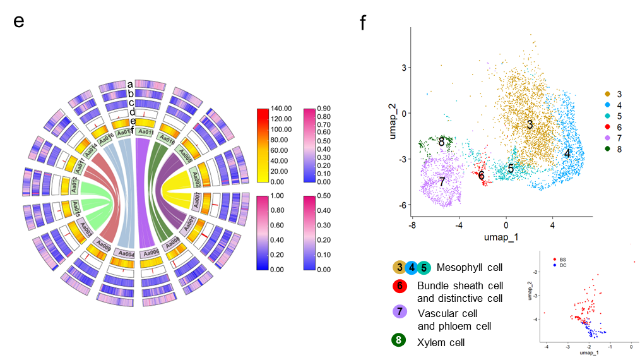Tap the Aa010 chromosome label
coord(169,138)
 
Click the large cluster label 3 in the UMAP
coord(530,124)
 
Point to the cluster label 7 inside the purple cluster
coord(442,182)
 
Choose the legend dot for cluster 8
coord(607,150)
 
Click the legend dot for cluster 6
coord(607,128)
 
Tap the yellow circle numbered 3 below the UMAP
coord(399,268)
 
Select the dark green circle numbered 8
coord(399,340)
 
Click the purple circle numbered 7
coord(399,311)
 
